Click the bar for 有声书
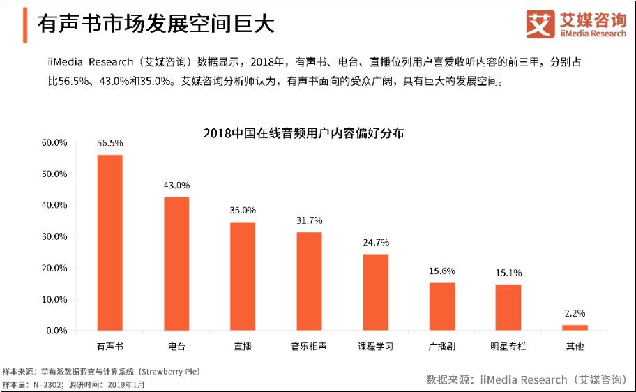click(x=109, y=243)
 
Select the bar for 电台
click(x=176, y=264)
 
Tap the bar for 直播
click(x=243, y=276)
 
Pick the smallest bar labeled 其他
click(x=575, y=327)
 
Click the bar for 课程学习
click(x=375, y=292)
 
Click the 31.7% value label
click(x=309, y=220)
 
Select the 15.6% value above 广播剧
click(x=441, y=271)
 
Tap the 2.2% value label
click(x=575, y=313)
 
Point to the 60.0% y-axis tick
click(x=54, y=142)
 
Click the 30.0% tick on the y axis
click(x=54, y=236)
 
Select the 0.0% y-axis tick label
click(x=56, y=331)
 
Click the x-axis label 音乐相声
click(x=309, y=346)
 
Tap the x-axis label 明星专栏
click(x=508, y=346)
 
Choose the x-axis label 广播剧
click(x=441, y=346)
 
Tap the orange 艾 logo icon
click(x=538, y=24)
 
